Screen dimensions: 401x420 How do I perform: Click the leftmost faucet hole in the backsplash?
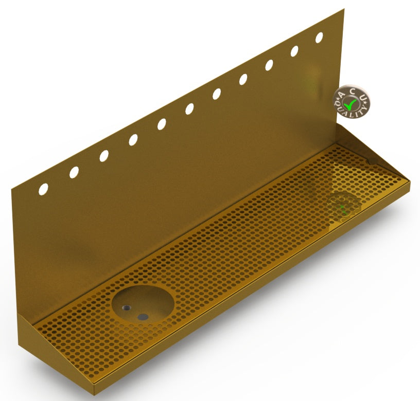click(43, 189)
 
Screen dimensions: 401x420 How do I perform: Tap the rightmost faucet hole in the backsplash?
click(319, 38)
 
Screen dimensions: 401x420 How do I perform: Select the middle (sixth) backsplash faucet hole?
click(189, 108)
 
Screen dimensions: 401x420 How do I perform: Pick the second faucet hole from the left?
click(74, 172)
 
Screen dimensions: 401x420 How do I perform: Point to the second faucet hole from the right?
click(294, 51)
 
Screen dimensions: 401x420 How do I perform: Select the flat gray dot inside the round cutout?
click(144, 317)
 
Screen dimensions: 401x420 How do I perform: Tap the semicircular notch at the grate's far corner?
click(370, 162)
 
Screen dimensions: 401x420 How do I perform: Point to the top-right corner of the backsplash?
click(343, 9)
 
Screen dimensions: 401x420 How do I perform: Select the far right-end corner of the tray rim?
click(410, 181)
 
